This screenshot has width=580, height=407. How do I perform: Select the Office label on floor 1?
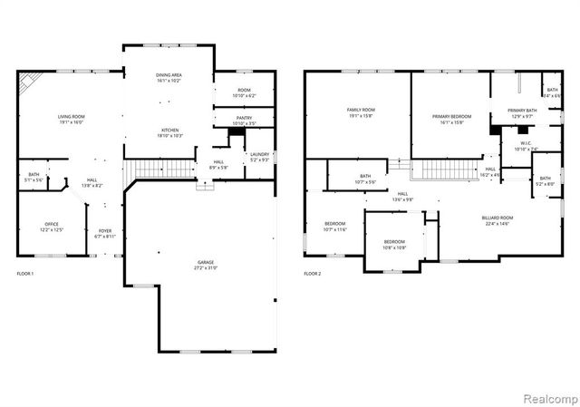pos(52,227)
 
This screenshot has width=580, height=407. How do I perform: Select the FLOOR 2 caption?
pos(313,273)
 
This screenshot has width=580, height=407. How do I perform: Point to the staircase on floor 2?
pos(444,169)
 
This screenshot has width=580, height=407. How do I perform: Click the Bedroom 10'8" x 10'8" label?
pos(394,244)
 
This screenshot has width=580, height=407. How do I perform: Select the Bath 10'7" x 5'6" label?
pos(365,179)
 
